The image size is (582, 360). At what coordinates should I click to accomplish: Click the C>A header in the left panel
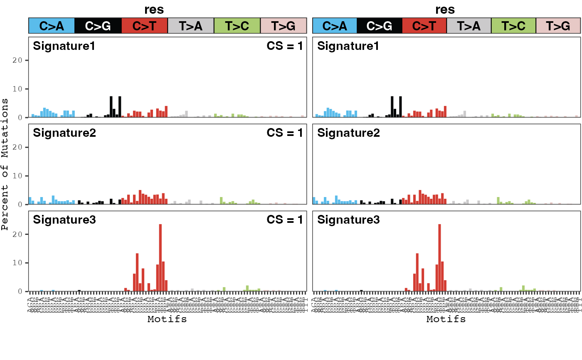(x=52, y=26)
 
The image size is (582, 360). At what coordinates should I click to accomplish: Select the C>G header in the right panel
(x=379, y=26)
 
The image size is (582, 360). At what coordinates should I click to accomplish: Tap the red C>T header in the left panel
(x=144, y=26)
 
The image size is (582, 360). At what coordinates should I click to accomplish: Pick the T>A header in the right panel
(x=469, y=26)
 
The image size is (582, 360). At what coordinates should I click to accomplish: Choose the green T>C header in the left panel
(x=237, y=26)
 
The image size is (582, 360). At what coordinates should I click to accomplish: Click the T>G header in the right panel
(x=558, y=26)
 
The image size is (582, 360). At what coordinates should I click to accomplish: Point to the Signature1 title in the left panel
(x=64, y=46)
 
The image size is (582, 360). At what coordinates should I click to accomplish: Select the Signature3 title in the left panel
(x=64, y=219)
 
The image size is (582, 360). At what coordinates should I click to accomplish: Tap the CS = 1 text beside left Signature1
(x=285, y=46)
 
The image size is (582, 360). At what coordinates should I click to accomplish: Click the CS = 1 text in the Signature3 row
(x=285, y=219)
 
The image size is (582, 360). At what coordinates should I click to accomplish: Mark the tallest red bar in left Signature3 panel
(x=160, y=258)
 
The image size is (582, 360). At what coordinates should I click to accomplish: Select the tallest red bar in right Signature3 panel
(x=439, y=258)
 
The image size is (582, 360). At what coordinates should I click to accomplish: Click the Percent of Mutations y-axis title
(x=5, y=164)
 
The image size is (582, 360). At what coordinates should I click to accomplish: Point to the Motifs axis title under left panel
(x=167, y=319)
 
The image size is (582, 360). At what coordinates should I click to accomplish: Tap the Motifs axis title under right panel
(x=446, y=319)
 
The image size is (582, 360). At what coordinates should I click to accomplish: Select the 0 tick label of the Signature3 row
(x=22, y=291)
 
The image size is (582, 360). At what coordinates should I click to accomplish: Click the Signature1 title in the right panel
(x=348, y=46)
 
